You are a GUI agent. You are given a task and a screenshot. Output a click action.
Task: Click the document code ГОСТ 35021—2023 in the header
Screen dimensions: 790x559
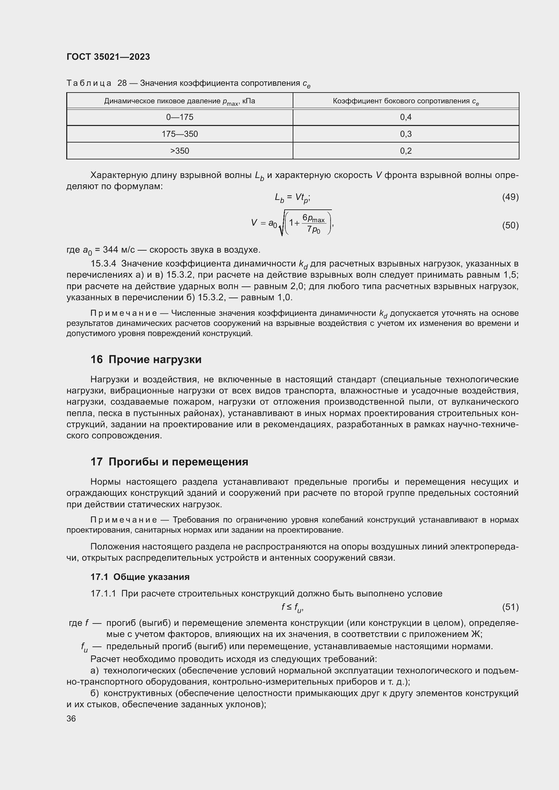[x=108, y=57]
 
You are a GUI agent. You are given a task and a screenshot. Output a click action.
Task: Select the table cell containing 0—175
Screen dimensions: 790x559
[x=179, y=117]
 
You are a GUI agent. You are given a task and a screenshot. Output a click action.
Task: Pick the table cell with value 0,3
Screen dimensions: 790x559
[x=406, y=134]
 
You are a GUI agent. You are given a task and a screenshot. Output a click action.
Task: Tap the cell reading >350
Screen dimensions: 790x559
[x=179, y=151]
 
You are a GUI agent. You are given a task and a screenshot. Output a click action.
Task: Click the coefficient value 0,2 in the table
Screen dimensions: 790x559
[x=406, y=151]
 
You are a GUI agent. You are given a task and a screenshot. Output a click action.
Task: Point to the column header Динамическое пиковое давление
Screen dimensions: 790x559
[x=179, y=101]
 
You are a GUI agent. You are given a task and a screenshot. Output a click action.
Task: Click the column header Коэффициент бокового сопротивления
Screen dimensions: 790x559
[x=406, y=101]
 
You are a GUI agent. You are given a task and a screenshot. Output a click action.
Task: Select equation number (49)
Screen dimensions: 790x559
[x=510, y=197]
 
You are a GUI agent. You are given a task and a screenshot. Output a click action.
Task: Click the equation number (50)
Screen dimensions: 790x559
[x=510, y=225]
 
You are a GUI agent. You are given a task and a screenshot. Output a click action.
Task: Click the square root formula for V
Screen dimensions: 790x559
[x=293, y=223]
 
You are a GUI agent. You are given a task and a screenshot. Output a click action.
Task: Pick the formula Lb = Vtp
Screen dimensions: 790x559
[x=292, y=198]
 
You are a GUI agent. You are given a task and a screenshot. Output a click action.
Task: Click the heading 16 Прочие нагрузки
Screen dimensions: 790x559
[x=146, y=359]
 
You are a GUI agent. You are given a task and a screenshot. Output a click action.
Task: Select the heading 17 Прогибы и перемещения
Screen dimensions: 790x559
[x=169, y=461]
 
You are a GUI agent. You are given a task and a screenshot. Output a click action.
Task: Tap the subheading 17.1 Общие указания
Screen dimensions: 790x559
[x=140, y=577]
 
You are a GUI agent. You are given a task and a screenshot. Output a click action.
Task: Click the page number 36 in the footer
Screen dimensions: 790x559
[x=71, y=718]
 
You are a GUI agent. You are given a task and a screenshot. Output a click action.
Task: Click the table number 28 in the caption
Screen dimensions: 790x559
[x=122, y=83]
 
